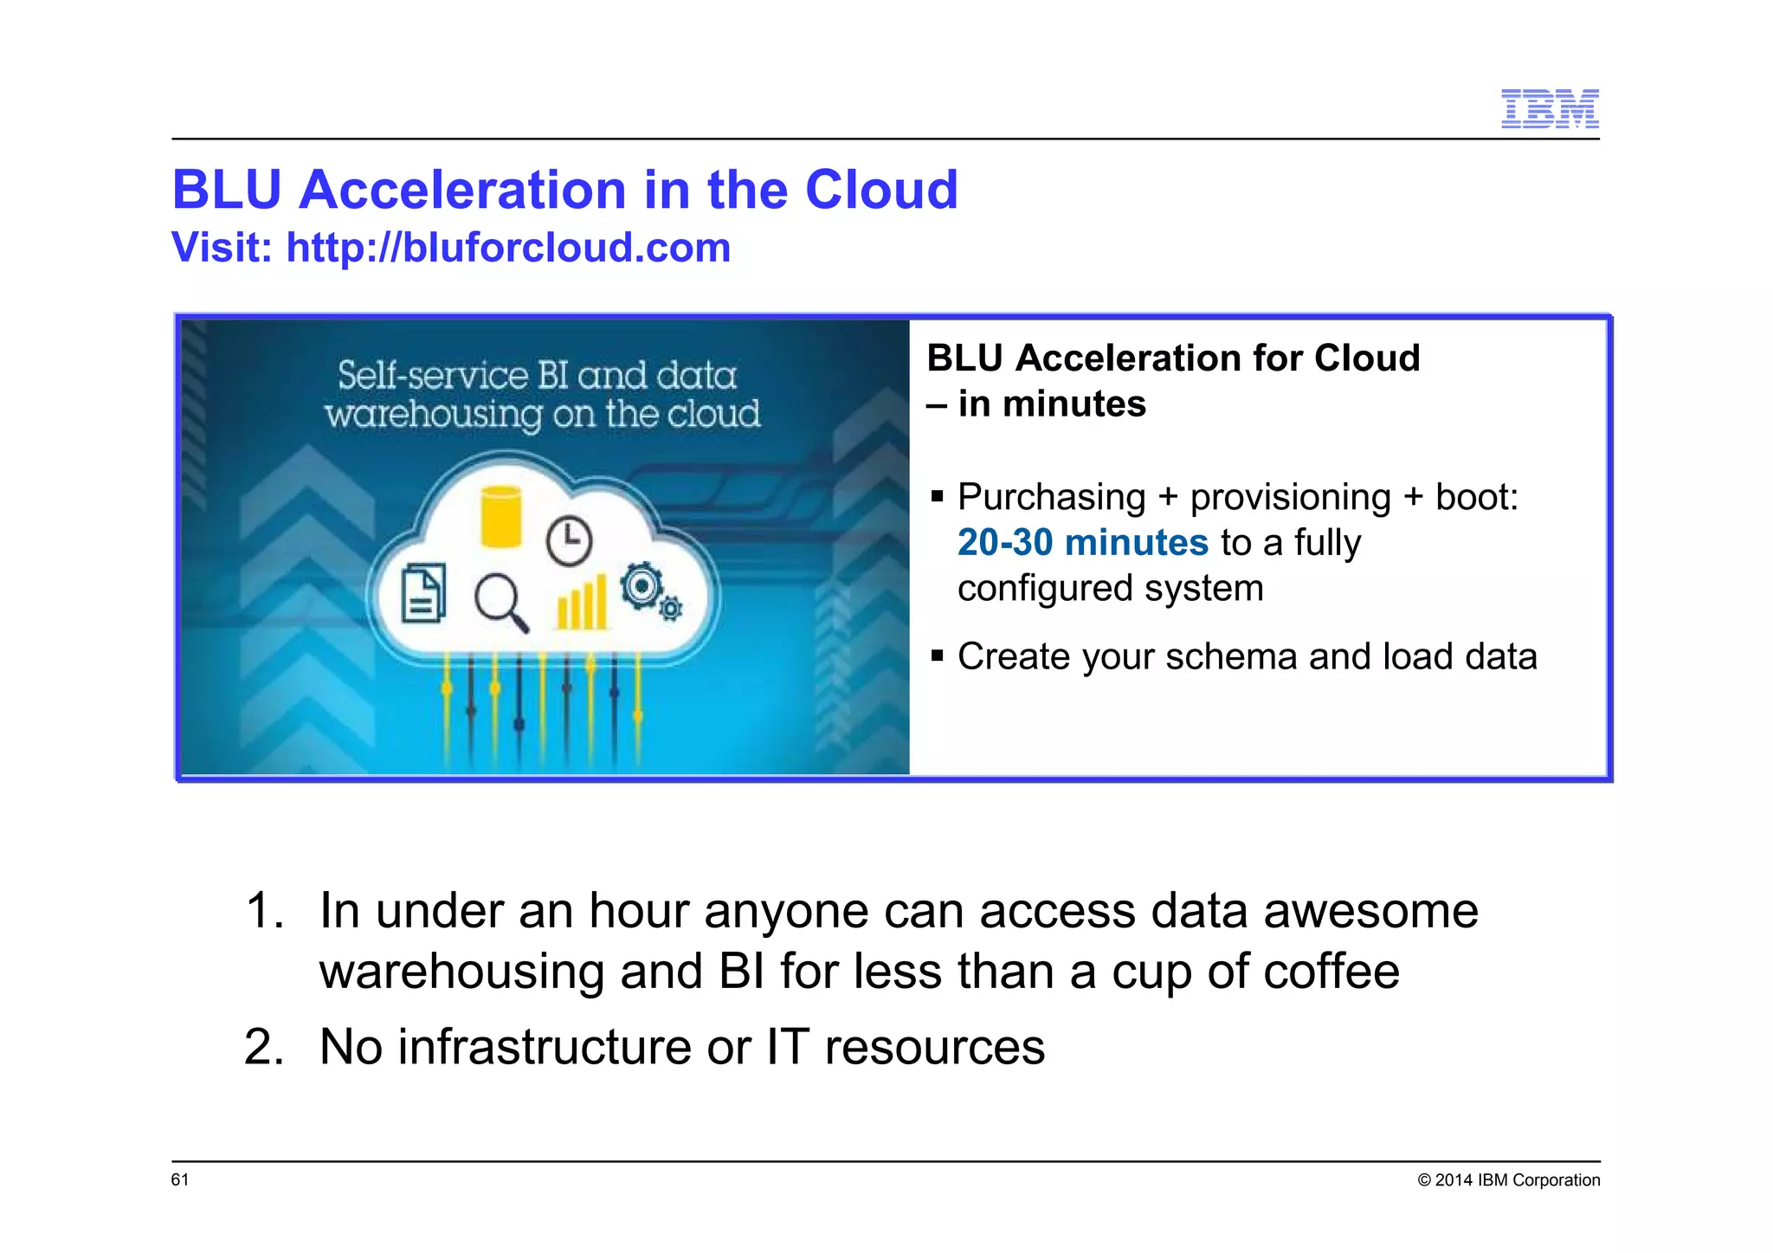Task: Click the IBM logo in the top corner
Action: pos(1550,109)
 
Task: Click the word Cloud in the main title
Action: pos(881,190)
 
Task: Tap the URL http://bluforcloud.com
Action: pos(508,248)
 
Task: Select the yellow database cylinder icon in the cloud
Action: pos(501,517)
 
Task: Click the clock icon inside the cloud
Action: pos(569,541)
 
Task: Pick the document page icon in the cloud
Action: pos(424,593)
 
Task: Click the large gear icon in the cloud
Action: pos(642,587)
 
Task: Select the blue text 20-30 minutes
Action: pos(1082,543)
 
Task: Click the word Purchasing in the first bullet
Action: pos(1051,497)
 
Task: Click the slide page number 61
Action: pos(180,1179)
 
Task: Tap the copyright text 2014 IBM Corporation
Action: pos(1517,1179)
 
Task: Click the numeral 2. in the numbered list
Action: pos(263,1046)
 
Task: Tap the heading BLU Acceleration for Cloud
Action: pos(1173,358)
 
